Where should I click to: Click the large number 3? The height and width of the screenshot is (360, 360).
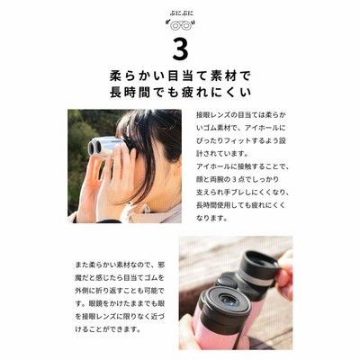point(180,49)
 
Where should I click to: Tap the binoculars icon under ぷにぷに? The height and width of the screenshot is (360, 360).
point(180,25)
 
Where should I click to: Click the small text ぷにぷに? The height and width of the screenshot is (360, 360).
point(180,13)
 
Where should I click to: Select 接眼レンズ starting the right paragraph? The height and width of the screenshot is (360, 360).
point(213,115)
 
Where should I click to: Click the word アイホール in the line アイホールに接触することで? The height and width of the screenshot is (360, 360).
point(213,166)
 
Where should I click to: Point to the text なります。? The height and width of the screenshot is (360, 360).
point(212,218)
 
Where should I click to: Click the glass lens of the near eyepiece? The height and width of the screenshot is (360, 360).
point(229,300)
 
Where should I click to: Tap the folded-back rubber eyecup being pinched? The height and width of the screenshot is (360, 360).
point(260,266)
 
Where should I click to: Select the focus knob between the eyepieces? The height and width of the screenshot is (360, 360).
point(226,282)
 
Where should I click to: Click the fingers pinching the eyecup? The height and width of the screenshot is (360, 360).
point(284,276)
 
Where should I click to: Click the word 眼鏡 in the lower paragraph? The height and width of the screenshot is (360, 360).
point(96,304)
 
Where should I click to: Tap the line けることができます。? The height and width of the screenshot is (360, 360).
point(108,329)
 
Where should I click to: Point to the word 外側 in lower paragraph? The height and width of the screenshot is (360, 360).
point(82,291)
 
